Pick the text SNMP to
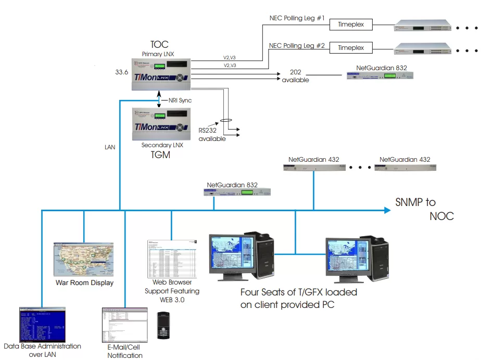pos(415,202)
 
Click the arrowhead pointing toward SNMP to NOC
pos(386,210)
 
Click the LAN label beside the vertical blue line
pos(110,147)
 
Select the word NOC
pos(441,216)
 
